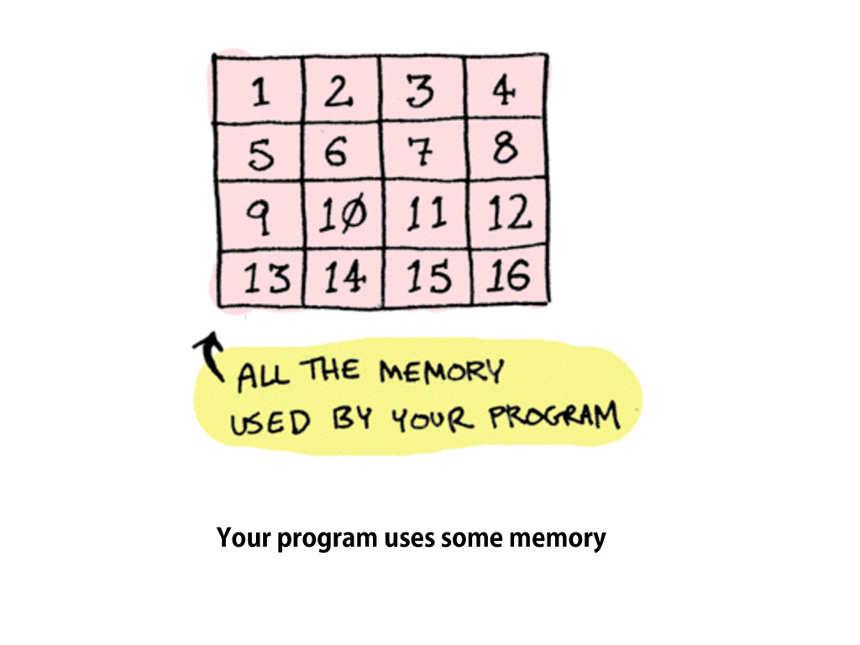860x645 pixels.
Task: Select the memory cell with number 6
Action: (339, 152)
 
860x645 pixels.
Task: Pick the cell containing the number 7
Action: (422, 152)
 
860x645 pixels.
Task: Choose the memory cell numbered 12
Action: (509, 215)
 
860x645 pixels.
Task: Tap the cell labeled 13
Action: (260, 278)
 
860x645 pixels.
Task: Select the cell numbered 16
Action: (509, 277)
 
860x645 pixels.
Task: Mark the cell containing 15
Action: (428, 278)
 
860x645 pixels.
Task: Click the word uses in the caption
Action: (409, 538)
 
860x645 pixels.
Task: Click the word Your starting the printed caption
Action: (243, 538)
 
